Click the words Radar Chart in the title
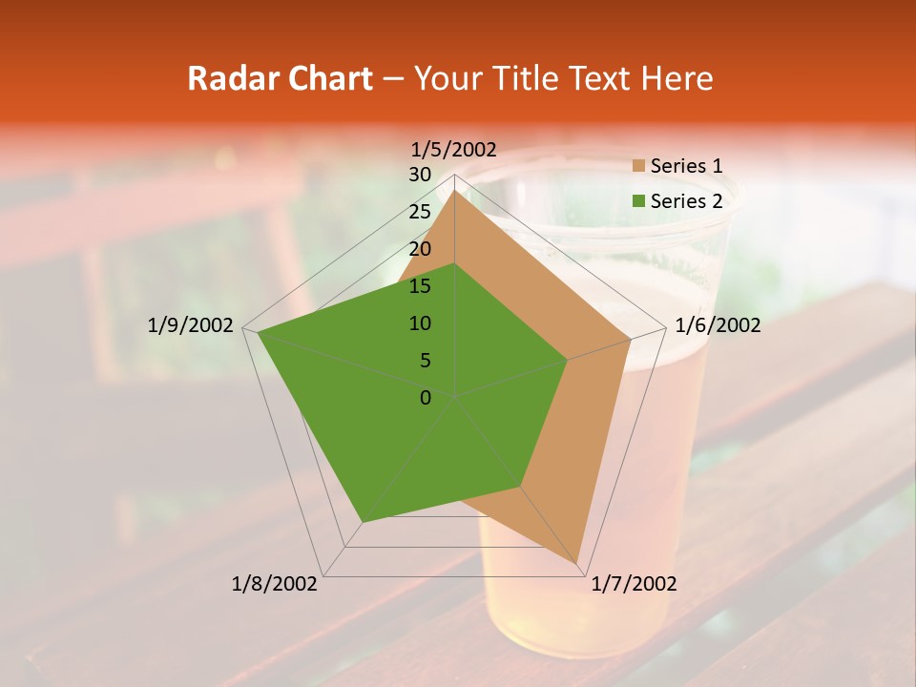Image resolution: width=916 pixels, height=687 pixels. coord(280,78)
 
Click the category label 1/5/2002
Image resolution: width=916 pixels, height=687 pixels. coord(453,149)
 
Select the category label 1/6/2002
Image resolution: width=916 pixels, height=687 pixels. coord(718,325)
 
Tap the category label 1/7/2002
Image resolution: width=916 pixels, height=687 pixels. coord(634,584)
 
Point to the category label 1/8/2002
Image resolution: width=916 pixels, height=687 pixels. coord(275,584)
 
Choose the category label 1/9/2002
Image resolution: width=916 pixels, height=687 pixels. coord(191,325)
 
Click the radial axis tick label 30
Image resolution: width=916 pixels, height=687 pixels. coord(420,175)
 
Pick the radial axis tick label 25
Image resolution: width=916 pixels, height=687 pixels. coord(420,212)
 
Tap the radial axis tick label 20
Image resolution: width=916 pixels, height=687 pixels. coord(420,249)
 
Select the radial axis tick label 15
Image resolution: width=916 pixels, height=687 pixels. coord(420,286)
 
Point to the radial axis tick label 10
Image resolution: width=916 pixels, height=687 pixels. coord(420,323)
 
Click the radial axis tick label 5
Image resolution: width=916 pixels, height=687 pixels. coord(426,361)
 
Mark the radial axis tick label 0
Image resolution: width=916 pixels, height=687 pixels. coord(426,398)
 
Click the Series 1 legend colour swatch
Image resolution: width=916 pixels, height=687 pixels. coord(638,166)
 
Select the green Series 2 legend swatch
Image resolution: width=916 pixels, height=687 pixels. coord(638,201)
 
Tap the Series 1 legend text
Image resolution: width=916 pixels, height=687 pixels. coord(686,166)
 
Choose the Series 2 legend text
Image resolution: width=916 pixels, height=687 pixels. coord(686,201)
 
